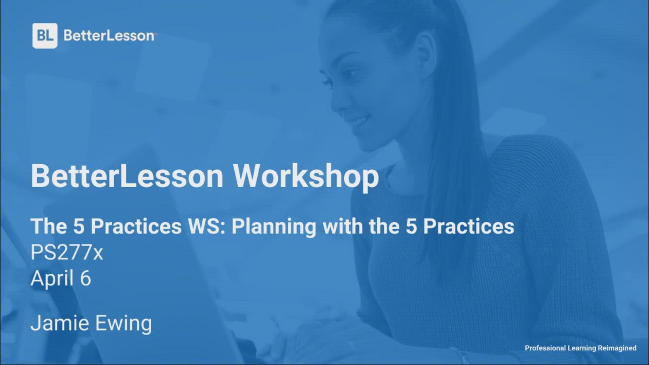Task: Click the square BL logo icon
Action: coord(45,35)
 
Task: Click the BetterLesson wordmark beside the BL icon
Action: coord(110,36)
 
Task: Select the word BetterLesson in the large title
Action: coord(127,176)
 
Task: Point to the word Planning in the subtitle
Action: coord(274,227)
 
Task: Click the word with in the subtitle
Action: coord(343,226)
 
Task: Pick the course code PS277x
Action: coord(66,252)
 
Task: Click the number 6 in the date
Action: coord(86,278)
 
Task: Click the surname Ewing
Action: coord(123,324)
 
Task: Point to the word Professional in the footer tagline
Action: coord(545,348)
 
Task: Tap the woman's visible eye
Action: coord(346,74)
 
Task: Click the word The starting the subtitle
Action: coord(49,226)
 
